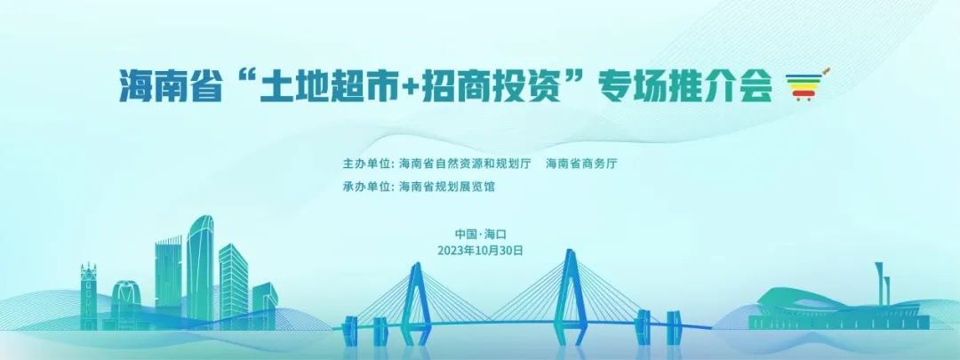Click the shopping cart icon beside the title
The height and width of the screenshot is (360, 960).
tap(806, 84)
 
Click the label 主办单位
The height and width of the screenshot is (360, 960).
tap(366, 164)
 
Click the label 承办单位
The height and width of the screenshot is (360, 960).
tap(366, 187)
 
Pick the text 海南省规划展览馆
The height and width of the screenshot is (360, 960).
tap(446, 187)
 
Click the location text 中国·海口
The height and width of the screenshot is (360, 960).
tap(481, 234)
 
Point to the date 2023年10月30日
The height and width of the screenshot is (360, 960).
tap(481, 251)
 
